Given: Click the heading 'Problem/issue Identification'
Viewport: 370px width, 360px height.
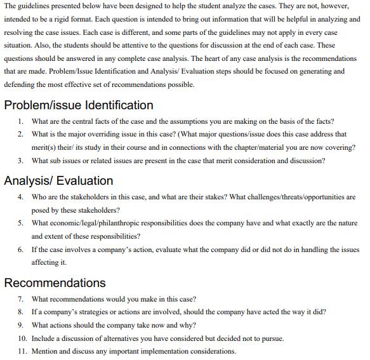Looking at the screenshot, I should click(x=79, y=105).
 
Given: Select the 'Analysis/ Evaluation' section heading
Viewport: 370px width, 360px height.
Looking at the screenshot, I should click(x=58, y=180).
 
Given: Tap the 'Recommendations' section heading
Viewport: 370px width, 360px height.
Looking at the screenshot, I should click(x=55, y=283).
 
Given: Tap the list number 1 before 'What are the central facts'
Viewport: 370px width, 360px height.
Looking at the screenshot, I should click(x=20, y=121).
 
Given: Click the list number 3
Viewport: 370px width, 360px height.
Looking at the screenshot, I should click(x=20, y=161).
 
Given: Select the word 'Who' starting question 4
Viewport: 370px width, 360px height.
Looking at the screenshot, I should click(x=39, y=197).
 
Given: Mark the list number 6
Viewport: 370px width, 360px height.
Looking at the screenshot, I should click(x=20, y=249).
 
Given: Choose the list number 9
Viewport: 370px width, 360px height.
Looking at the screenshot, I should click(x=20, y=325).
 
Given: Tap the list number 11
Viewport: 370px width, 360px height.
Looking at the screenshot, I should click(x=22, y=351).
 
